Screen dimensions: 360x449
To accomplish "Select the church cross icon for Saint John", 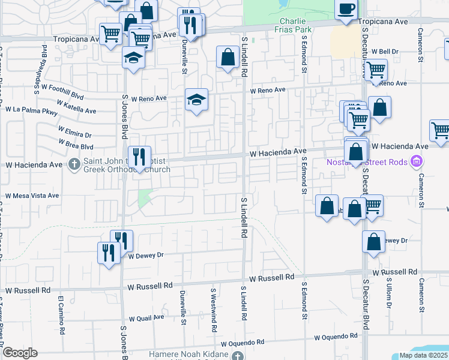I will coord(75,164).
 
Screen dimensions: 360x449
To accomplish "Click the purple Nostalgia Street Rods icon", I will coord(415,161).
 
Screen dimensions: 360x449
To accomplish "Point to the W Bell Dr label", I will coord(385,52).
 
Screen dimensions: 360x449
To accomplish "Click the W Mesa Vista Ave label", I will coord(32,196).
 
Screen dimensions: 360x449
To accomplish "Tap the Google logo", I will coord(20,352).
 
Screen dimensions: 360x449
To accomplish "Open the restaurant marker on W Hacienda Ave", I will coord(139,158).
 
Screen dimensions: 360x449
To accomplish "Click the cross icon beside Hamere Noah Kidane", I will coord(238,356).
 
